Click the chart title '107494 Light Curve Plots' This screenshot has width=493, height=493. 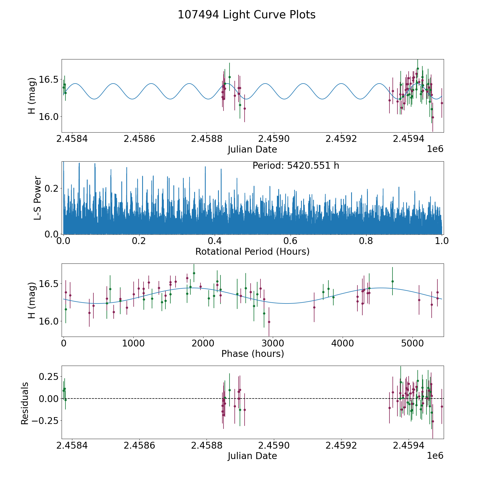point(246,15)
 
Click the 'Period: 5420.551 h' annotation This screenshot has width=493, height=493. point(296,166)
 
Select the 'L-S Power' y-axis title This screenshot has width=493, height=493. point(38,198)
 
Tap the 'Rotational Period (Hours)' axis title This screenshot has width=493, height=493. point(253,251)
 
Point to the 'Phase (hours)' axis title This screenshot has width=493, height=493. point(253,354)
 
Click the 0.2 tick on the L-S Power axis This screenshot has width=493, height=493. point(51,188)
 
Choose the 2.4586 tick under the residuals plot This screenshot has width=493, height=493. point(139,446)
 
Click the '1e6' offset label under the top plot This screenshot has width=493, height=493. point(435,149)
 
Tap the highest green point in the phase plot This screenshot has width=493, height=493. point(194,273)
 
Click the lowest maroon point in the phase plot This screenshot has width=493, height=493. point(269,322)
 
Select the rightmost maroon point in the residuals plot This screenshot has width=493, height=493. point(442,406)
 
